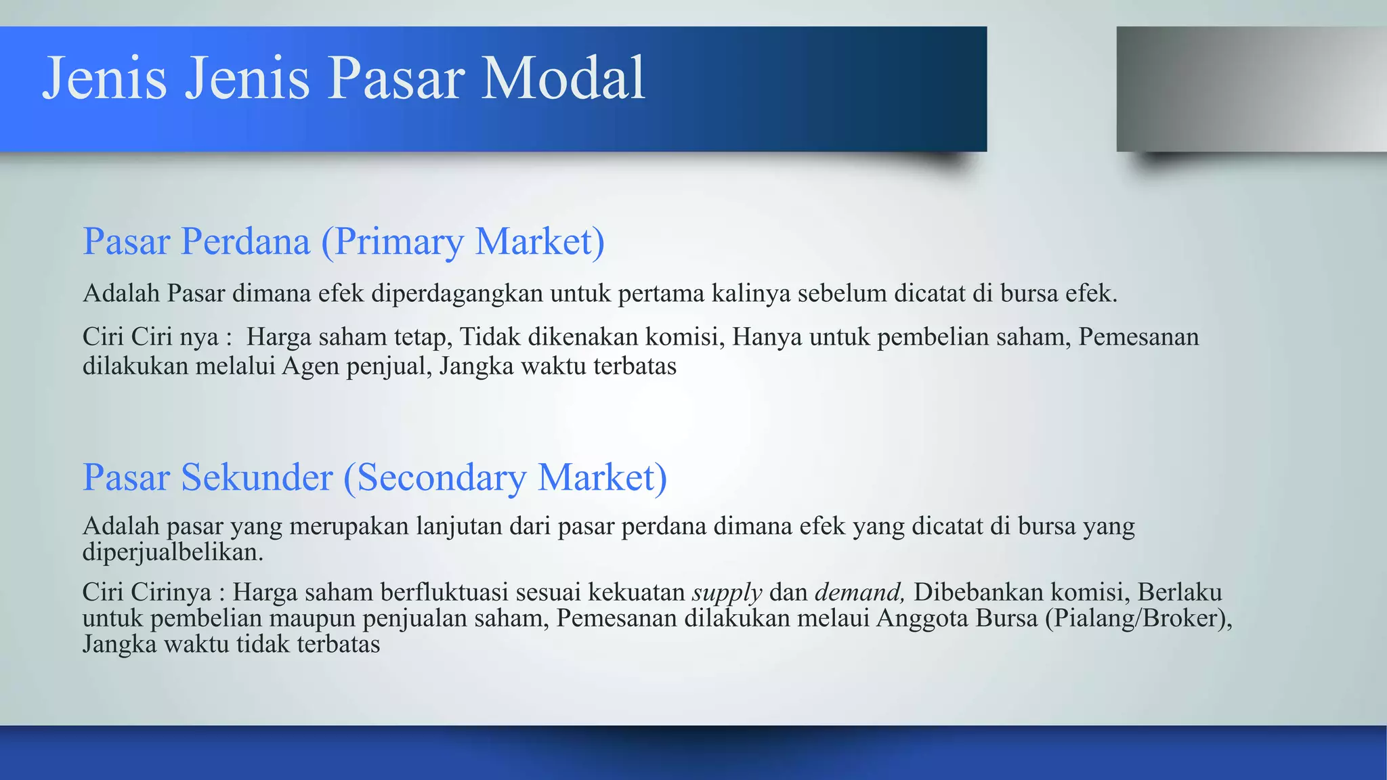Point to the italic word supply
(x=727, y=593)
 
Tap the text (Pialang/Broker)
(x=1138, y=618)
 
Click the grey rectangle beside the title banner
(x=1250, y=89)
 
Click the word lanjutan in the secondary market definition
(x=458, y=527)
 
